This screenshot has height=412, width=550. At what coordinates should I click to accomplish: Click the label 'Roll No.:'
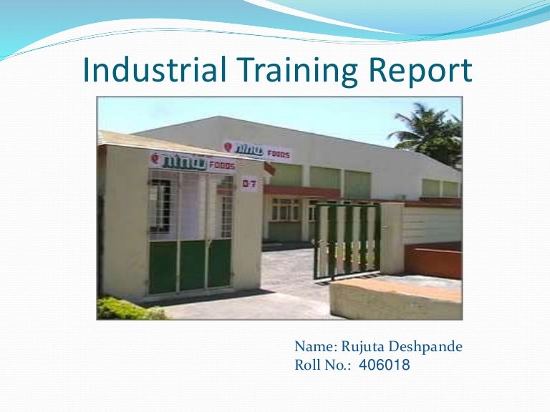point(323,366)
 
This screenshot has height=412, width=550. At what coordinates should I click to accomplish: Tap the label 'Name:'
point(314,348)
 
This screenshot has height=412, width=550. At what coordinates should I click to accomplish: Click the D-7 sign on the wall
point(249,184)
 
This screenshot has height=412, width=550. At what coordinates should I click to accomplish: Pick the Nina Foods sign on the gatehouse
point(192,162)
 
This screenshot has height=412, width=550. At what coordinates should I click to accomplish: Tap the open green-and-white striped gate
point(347,240)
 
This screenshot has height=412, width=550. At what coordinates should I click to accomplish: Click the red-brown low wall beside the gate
point(433,261)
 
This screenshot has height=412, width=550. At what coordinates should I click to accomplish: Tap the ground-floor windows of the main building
point(285,210)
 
